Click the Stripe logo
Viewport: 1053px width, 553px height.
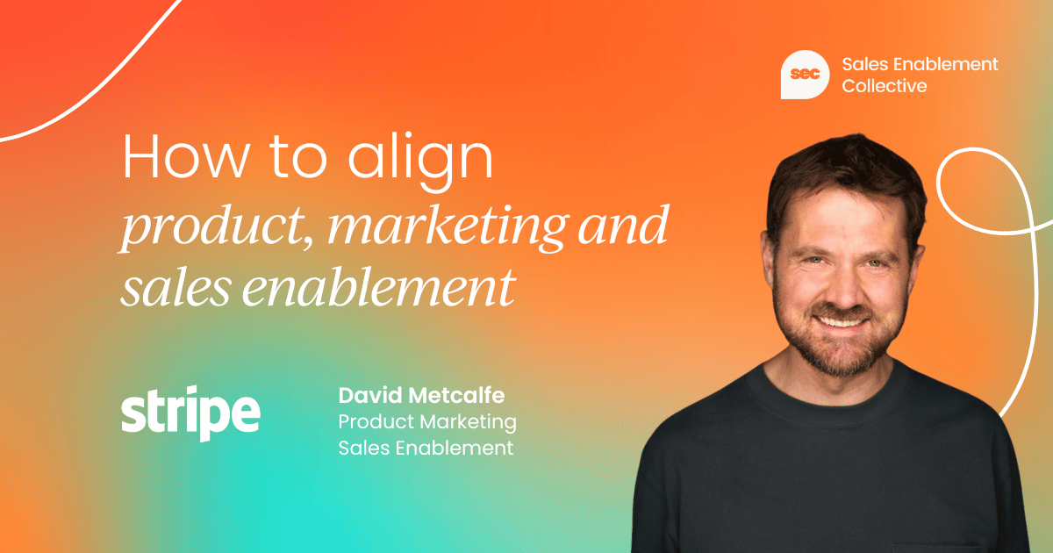point(190,416)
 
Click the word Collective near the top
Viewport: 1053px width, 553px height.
point(885,86)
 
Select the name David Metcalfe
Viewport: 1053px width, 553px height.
point(421,396)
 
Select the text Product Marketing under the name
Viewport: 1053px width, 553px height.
point(427,422)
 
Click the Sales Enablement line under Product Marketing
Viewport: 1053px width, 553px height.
point(426,448)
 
